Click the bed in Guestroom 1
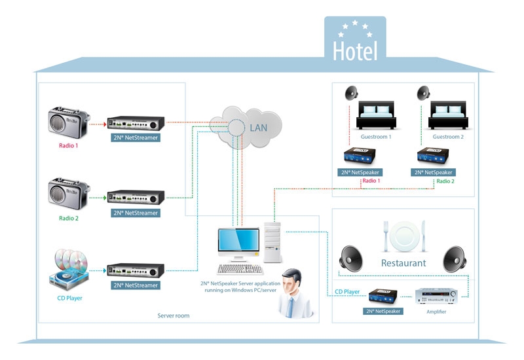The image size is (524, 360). pyautogui.click(x=376, y=115)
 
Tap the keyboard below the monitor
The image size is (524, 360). pyautogui.click(x=240, y=268)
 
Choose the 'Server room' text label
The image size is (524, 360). pyautogui.click(x=174, y=315)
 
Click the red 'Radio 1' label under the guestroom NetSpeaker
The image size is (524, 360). pyautogui.click(x=371, y=181)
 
